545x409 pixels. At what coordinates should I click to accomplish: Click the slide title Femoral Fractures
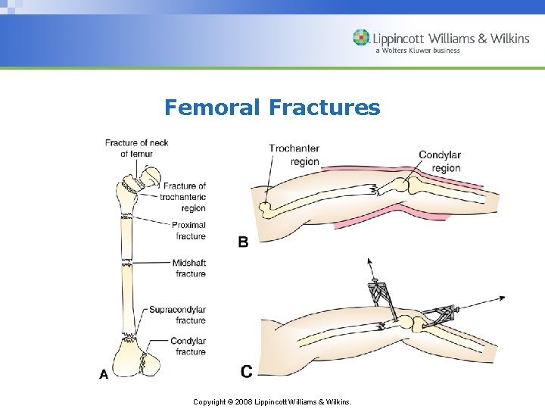[272, 108]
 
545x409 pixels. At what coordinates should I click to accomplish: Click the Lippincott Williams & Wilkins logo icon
[361, 38]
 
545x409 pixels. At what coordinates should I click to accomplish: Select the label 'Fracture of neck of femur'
[136, 148]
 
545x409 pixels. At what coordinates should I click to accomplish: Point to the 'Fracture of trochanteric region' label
[183, 197]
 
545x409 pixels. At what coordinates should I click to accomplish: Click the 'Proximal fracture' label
[188, 230]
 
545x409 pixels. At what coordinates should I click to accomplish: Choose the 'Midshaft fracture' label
[188, 268]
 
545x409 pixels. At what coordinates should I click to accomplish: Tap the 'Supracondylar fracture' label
[177, 315]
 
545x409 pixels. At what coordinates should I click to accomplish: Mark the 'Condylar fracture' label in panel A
[188, 346]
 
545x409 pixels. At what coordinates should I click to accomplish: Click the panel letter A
[104, 373]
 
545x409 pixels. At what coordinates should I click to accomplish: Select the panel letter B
[243, 242]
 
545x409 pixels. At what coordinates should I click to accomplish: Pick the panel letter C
[246, 371]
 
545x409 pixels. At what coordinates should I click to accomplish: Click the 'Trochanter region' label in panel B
[294, 155]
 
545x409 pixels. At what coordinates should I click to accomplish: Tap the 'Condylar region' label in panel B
[440, 161]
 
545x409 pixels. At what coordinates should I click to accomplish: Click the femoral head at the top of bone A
[151, 176]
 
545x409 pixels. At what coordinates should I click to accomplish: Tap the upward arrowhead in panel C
[370, 262]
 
